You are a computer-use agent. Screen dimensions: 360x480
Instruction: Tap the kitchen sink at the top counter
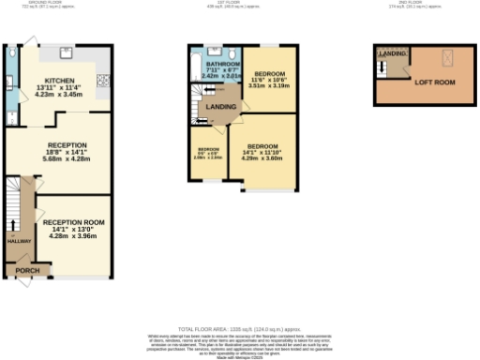(x=67, y=53)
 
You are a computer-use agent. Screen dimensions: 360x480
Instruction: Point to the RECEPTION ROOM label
(x=72, y=221)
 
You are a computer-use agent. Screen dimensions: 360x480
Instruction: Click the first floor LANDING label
(x=221, y=106)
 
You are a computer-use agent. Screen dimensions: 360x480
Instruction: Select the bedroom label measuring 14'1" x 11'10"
(x=263, y=147)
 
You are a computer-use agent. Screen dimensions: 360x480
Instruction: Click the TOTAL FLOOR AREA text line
(x=239, y=329)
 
